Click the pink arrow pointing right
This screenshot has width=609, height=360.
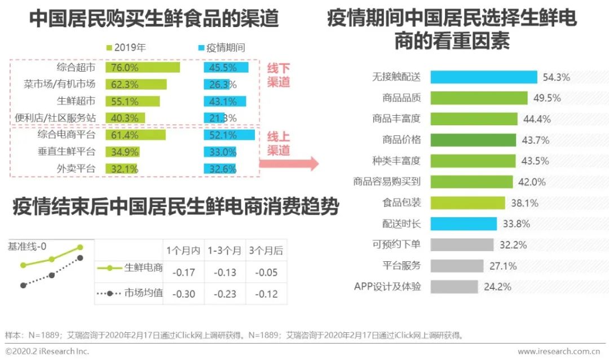[x=288, y=164]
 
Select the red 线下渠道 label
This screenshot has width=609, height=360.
[x=279, y=75]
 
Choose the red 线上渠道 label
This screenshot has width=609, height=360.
[x=279, y=143]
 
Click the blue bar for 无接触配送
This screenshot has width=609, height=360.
[x=484, y=77]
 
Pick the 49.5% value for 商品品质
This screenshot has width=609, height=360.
[x=546, y=98]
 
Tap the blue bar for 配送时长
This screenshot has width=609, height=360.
[x=464, y=223]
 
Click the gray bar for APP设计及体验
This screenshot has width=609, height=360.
[x=454, y=286]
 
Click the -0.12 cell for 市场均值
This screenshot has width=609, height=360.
[x=267, y=294]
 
